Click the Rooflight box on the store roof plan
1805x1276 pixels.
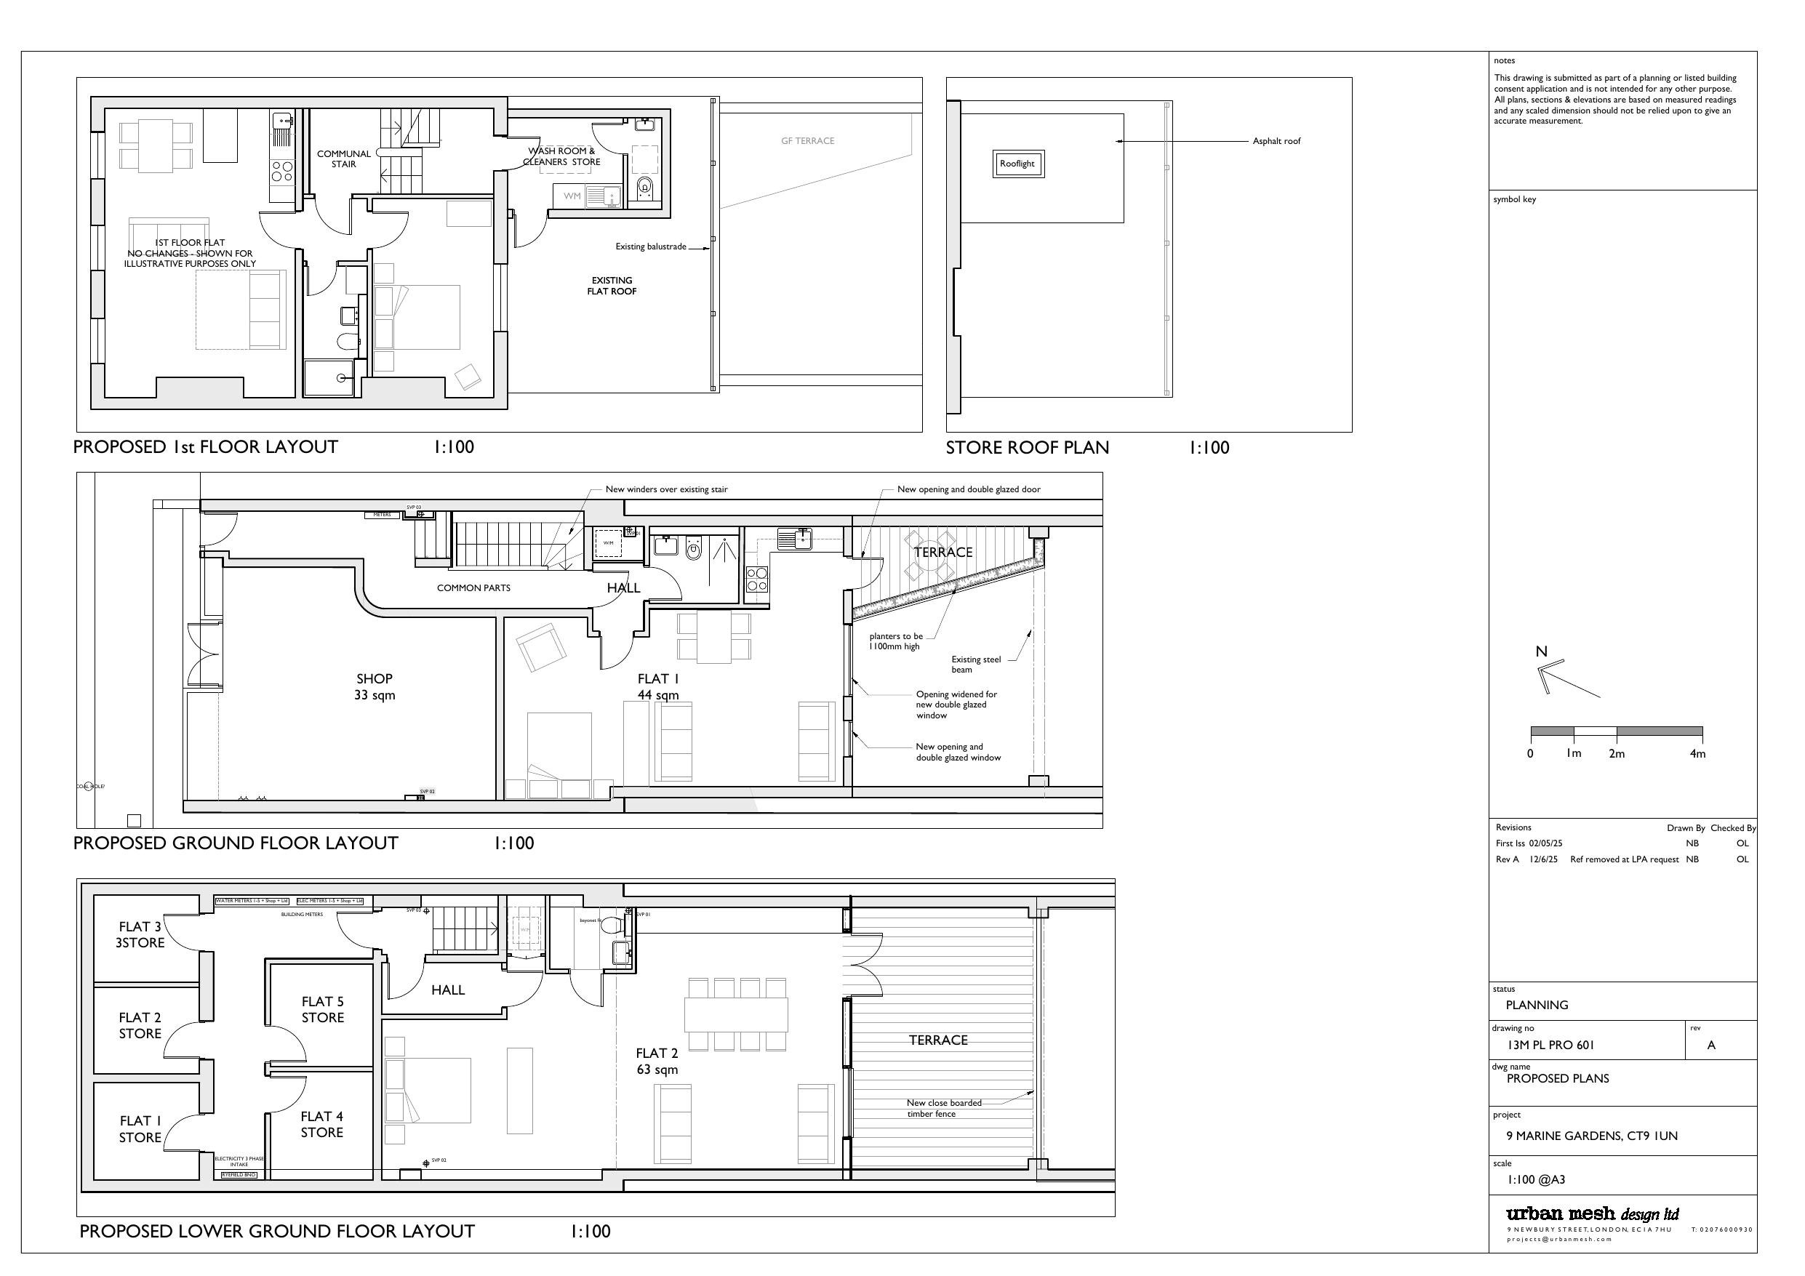coord(1017,164)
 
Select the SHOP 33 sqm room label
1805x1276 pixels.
coord(375,686)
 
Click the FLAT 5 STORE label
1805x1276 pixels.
coord(322,1009)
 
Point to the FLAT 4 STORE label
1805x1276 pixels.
coord(321,1124)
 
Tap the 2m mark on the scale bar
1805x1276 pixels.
coord(1617,753)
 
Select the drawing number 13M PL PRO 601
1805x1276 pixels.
coord(1550,1045)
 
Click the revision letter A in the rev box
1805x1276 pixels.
coord(1710,1045)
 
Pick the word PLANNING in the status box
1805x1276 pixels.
coord(1536,1005)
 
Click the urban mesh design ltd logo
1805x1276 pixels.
coord(1592,1214)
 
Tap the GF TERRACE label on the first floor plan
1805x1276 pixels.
coord(807,142)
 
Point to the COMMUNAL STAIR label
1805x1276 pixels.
coord(343,159)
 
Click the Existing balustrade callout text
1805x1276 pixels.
coord(650,247)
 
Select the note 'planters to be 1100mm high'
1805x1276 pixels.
coord(895,641)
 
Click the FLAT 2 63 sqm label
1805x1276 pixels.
coord(657,1062)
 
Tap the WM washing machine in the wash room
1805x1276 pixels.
coord(572,196)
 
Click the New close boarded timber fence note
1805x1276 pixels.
coord(943,1108)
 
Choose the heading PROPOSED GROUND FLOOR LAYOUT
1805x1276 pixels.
coord(236,843)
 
